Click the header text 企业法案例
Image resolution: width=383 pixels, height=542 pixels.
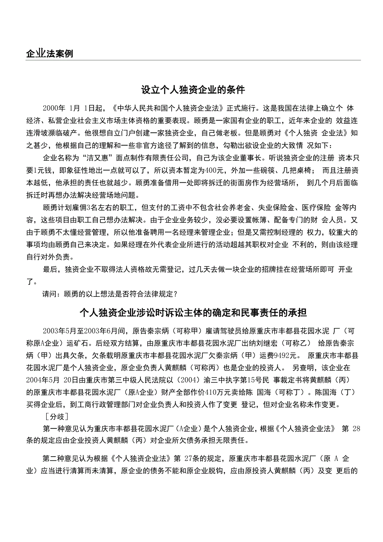coord(49,54)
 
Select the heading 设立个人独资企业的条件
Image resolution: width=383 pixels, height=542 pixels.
coord(193,90)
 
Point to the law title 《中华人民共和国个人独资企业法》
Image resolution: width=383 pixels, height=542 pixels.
coord(168,108)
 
